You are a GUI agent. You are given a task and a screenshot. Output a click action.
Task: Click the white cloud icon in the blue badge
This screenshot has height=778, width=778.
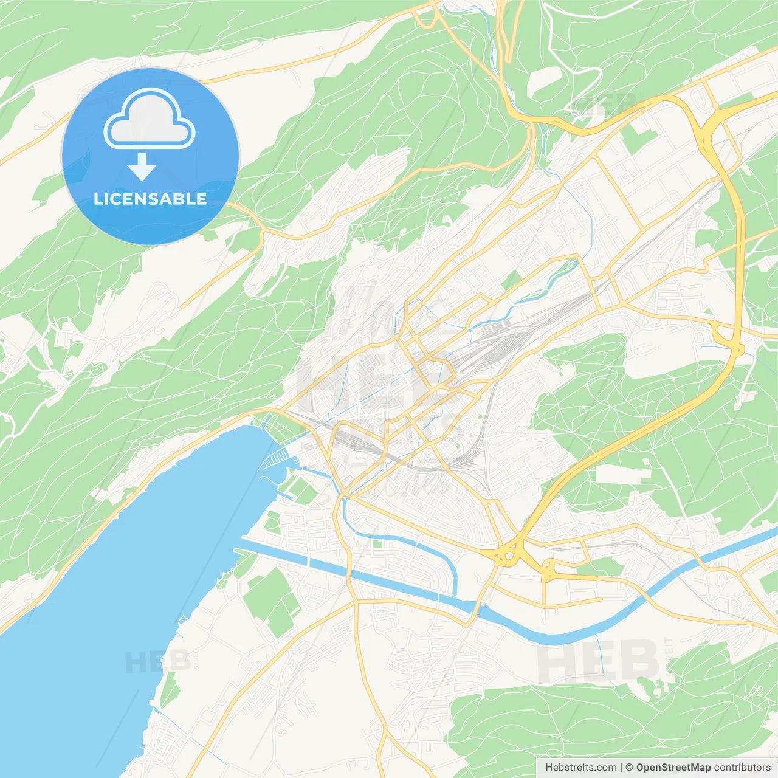(150, 119)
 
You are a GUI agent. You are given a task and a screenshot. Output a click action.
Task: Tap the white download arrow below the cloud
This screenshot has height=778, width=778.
(142, 167)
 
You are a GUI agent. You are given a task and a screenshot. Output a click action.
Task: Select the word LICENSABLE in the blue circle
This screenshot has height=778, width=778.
(150, 199)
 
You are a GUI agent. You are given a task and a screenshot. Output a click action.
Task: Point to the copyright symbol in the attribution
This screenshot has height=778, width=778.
(629, 767)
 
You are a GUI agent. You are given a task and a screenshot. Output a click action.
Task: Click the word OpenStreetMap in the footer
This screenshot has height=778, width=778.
(673, 767)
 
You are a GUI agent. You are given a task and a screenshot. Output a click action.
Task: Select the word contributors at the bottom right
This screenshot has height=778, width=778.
(742, 767)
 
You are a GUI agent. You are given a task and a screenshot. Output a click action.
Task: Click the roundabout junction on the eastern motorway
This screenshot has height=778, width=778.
(726, 340)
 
